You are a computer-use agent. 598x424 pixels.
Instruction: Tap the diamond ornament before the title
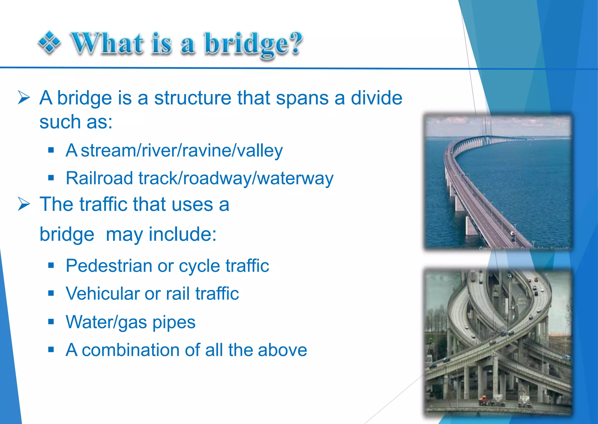(x=49, y=43)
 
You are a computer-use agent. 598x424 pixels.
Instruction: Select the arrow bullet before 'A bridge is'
(x=24, y=97)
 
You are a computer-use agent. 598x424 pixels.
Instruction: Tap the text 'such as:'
(x=76, y=122)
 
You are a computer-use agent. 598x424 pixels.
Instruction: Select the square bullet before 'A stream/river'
(x=51, y=150)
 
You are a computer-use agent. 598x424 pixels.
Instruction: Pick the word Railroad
(x=99, y=178)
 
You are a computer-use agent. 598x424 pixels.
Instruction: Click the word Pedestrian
(x=109, y=266)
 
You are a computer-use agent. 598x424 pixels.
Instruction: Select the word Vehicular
(x=102, y=293)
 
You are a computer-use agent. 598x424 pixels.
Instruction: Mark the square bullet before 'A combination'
(x=51, y=349)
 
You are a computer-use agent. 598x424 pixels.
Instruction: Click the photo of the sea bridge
(x=498, y=182)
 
